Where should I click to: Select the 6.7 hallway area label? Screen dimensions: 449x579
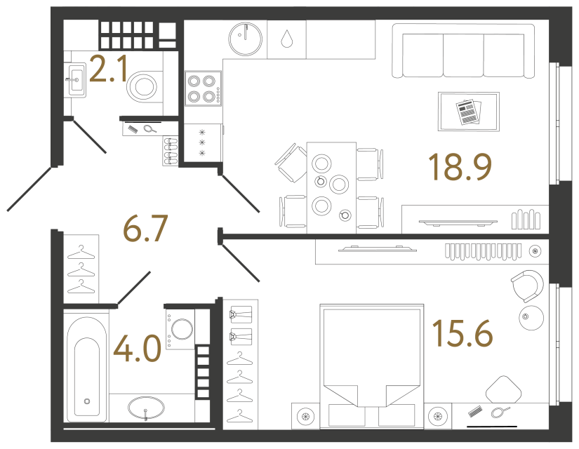(146, 228)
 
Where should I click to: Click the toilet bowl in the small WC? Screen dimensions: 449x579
(145, 86)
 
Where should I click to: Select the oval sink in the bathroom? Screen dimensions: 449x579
(146, 407)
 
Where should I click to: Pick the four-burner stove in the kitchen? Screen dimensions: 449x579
(201, 88)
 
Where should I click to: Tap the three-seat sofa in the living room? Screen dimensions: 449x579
(462, 51)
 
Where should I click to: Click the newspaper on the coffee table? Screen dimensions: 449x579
(468, 112)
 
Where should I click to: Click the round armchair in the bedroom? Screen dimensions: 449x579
(526, 286)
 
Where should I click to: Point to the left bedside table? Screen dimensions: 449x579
(305, 416)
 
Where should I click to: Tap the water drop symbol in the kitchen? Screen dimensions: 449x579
(286, 38)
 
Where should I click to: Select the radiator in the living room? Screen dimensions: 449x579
(528, 219)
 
